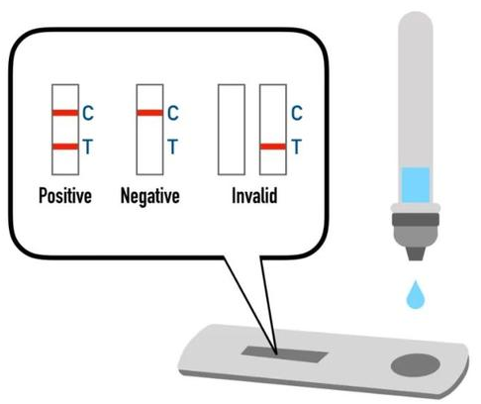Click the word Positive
point(65,195)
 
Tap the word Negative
point(150,196)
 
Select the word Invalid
point(254,195)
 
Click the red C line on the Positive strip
point(65,113)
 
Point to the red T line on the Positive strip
point(65,147)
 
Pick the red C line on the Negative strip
point(149,113)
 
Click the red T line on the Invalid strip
point(273,147)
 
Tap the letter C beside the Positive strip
point(88,113)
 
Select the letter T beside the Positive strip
point(88,147)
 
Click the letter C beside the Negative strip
point(173,113)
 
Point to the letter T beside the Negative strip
point(173,147)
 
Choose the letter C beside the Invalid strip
point(297,113)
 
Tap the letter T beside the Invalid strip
point(297,147)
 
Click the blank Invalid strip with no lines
point(232,130)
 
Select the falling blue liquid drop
point(416,295)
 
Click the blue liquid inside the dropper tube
point(416,185)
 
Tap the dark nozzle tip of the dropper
point(416,253)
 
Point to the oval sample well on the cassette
point(416,365)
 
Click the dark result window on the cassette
point(284,354)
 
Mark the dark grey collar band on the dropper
point(416,220)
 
